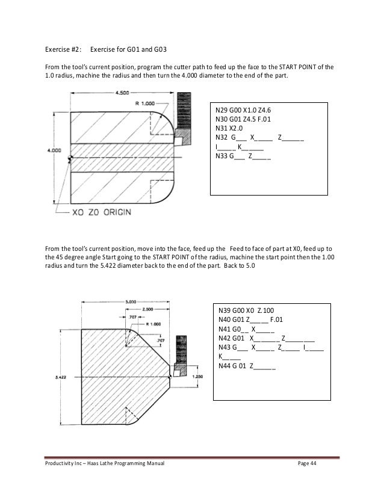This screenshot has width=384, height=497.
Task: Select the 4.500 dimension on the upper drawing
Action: coord(123,93)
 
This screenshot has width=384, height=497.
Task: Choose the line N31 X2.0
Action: coord(229,128)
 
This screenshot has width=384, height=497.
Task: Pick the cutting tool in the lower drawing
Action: coord(178,352)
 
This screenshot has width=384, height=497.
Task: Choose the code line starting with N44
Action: coord(247,365)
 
